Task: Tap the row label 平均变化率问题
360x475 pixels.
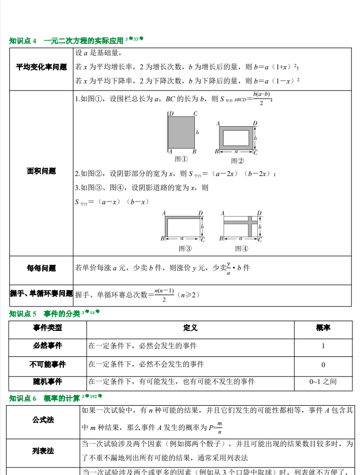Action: (42, 67)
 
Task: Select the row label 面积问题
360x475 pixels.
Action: (42, 171)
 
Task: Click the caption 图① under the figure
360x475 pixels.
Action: (181, 159)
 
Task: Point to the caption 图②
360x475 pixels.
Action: (237, 160)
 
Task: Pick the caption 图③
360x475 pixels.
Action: (185, 249)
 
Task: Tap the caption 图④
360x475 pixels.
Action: (241, 249)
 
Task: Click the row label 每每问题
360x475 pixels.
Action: (42, 268)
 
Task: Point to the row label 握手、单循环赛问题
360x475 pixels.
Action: (42, 294)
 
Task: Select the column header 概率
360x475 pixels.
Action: (323, 328)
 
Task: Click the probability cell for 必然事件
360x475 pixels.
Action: (323, 346)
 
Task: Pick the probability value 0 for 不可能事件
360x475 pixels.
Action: (323, 365)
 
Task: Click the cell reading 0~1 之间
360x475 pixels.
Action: (323, 382)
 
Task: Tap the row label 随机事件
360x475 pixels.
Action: (47, 382)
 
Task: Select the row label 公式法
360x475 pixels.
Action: (43, 420)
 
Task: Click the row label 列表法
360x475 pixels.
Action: (43, 451)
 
